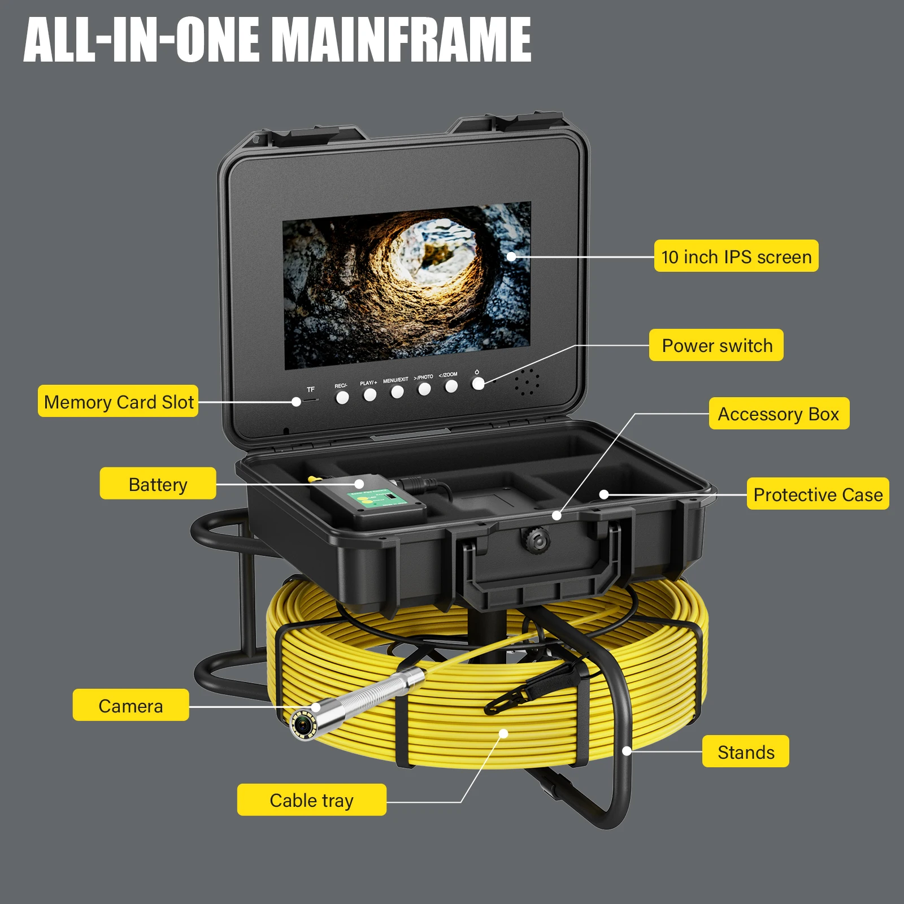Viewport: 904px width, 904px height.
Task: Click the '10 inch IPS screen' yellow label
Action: tap(736, 257)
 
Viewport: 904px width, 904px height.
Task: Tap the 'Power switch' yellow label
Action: tap(716, 345)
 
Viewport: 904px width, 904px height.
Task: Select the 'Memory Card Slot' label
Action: tap(118, 402)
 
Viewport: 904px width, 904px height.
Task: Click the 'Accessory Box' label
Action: tap(779, 414)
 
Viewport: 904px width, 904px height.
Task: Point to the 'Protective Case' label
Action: tap(817, 494)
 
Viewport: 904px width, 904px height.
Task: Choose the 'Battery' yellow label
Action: tap(158, 484)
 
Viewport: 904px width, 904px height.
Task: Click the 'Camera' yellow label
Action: tap(131, 705)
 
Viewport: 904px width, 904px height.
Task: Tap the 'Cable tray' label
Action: tap(311, 800)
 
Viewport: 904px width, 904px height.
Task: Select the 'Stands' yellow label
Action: tap(745, 751)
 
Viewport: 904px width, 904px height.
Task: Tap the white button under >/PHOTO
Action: tap(424, 389)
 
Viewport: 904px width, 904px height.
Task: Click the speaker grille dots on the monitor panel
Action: tap(527, 383)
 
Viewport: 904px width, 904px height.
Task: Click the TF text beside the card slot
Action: tap(311, 390)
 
